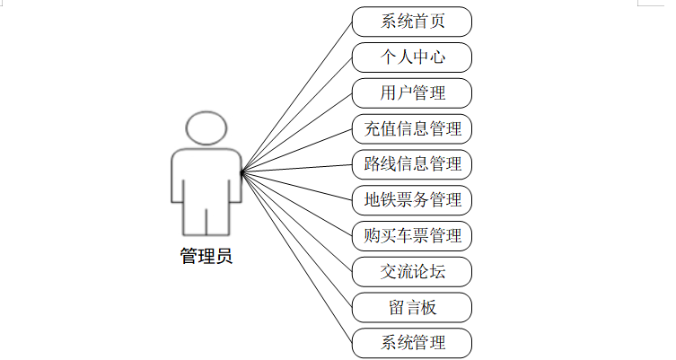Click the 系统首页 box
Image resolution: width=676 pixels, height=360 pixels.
pyautogui.click(x=412, y=21)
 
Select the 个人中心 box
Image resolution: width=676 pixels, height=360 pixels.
pyautogui.click(x=412, y=56)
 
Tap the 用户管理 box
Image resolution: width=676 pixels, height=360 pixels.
pyautogui.click(x=412, y=92)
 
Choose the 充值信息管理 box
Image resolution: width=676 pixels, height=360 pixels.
pyautogui.click(x=412, y=128)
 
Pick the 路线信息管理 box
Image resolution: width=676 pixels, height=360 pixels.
pyautogui.click(x=412, y=164)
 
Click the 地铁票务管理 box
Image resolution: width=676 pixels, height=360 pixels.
pyautogui.click(x=412, y=199)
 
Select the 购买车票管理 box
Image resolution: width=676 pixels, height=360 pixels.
pyautogui.click(x=412, y=235)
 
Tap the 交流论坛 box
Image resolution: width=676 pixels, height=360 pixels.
pyautogui.click(x=412, y=271)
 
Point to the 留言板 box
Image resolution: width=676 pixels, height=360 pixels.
pyautogui.click(x=412, y=307)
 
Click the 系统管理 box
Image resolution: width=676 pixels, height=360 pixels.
pyautogui.click(x=412, y=342)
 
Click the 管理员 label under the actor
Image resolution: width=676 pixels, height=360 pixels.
pyautogui.click(x=206, y=256)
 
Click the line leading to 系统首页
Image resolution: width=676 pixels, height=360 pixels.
pyautogui.click(x=296, y=95)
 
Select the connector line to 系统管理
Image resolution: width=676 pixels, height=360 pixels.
pyautogui.click(x=296, y=257)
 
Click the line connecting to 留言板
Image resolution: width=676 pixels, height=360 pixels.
pyautogui.click(x=296, y=238)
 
